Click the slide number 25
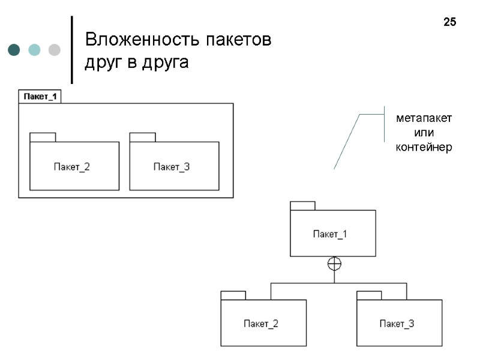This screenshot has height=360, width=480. [449, 23]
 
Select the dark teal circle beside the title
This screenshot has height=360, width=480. [14, 50]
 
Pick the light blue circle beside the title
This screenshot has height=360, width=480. [34, 50]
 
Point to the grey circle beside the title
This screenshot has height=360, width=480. [54, 50]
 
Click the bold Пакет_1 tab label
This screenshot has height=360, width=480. [40, 96]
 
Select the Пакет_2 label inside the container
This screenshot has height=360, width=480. [71, 167]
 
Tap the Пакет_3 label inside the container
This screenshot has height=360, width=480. [172, 167]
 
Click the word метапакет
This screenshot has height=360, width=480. [424, 118]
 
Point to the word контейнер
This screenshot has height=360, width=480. [424, 147]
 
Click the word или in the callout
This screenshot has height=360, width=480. [424, 133]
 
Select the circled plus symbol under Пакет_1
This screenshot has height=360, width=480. [334, 263]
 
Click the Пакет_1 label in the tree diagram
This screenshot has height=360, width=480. [330, 234]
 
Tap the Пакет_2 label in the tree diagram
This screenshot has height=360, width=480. [261, 324]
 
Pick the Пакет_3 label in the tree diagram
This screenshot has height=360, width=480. [397, 324]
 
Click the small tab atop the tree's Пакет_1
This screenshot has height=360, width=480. [302, 206]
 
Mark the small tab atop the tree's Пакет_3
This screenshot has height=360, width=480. [369, 295]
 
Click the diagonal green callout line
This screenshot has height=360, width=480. [346, 143]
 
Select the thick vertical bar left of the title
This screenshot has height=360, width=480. [72, 50]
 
